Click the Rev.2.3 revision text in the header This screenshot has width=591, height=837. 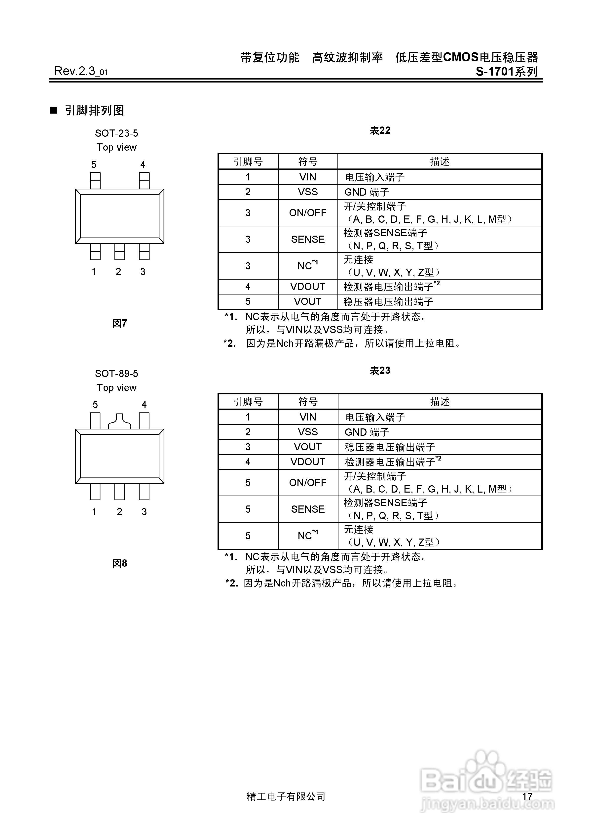[x=81, y=71]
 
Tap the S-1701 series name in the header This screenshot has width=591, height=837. [x=507, y=72]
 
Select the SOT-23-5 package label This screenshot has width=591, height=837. [x=117, y=133]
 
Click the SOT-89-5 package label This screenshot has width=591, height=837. [x=117, y=374]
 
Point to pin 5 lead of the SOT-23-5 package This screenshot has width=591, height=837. [x=95, y=180]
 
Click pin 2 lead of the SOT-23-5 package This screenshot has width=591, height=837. [x=119, y=251]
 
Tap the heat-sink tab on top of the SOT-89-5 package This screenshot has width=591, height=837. [x=119, y=421]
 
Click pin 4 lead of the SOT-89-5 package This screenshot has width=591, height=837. [x=144, y=421]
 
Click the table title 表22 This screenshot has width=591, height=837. [x=380, y=130]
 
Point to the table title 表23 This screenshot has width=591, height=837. [x=380, y=371]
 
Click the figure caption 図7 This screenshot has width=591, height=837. [x=119, y=323]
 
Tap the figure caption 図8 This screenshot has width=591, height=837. [x=119, y=564]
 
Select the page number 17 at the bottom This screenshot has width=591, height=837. [x=527, y=796]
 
